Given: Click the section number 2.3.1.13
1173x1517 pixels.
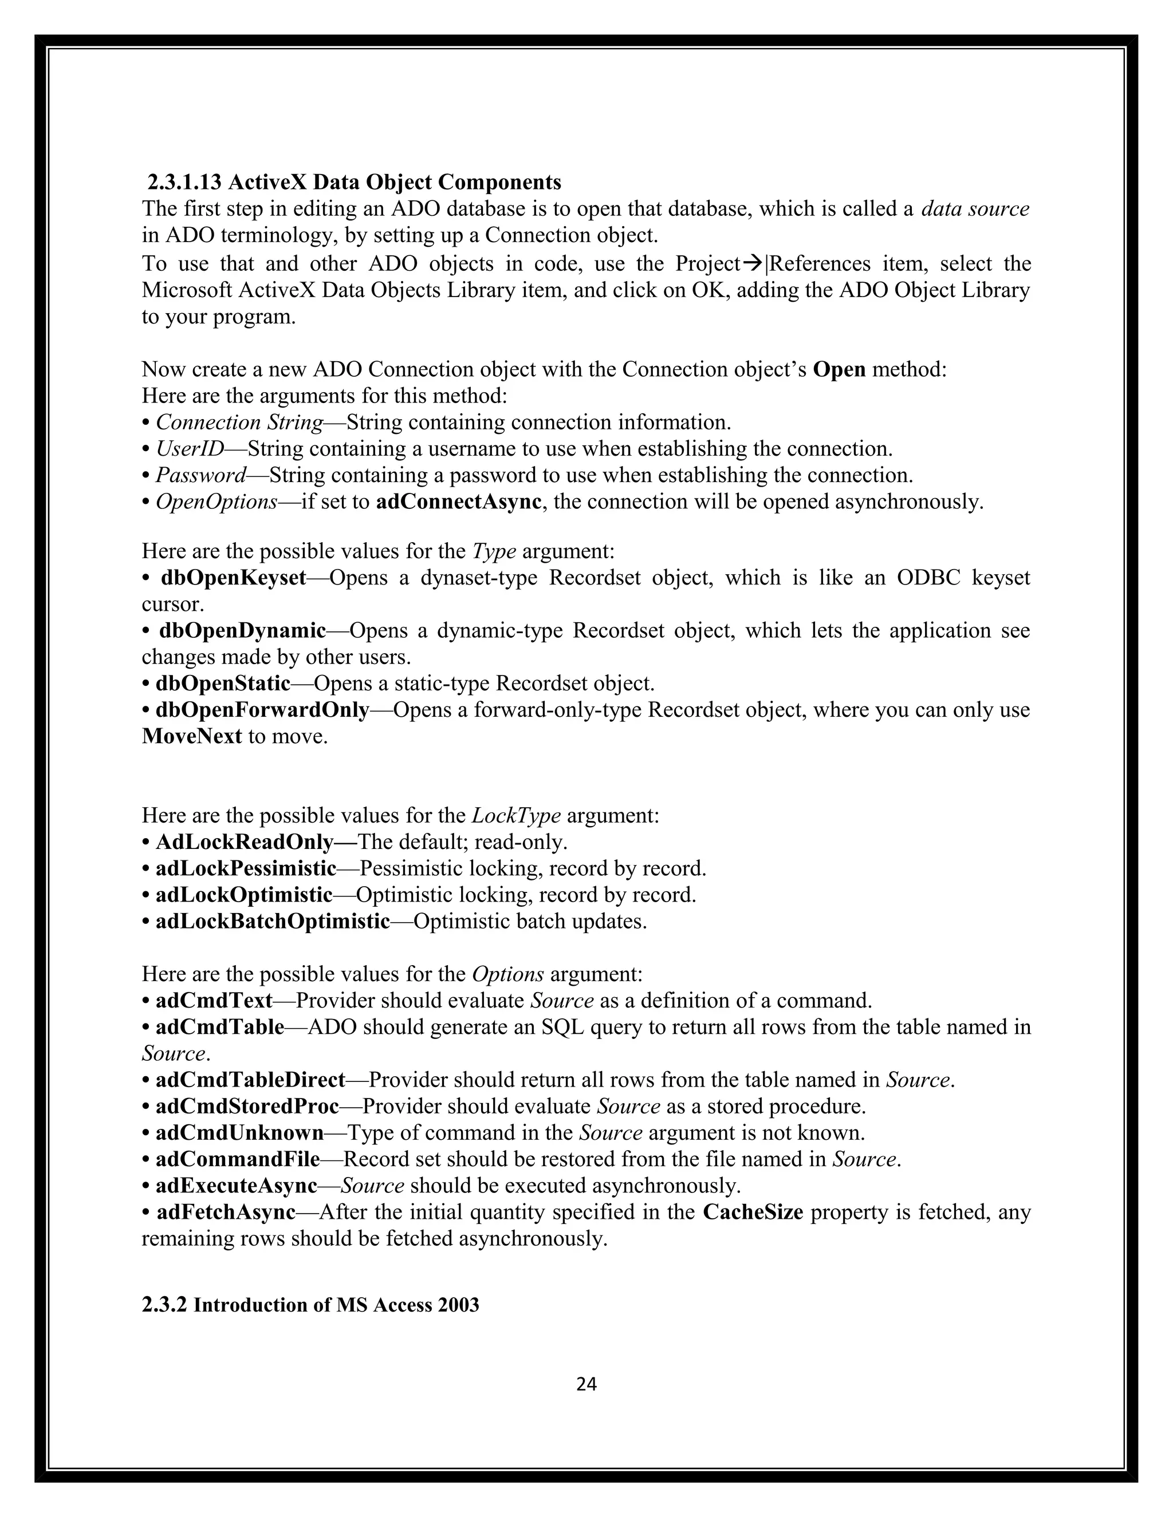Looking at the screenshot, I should point(184,182).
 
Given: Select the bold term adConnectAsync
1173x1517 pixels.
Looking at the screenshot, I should point(458,501).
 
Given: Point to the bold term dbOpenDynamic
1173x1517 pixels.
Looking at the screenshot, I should point(242,631).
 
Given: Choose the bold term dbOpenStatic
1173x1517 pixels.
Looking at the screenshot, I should point(222,684).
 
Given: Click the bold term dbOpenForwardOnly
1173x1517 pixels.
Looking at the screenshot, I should point(262,710).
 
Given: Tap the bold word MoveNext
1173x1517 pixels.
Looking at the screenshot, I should point(192,736).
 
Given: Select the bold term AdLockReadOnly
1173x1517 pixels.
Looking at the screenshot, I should point(245,842).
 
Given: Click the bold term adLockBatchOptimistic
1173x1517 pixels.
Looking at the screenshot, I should point(273,921).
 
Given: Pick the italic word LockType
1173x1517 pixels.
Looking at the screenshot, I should point(515,815).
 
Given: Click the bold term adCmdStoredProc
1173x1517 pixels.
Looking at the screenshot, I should point(247,1106).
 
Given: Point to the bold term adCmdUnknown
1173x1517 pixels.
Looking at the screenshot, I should point(240,1132).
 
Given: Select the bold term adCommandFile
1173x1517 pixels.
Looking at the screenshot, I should point(238,1159).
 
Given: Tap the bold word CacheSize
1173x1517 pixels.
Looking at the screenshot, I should point(753,1212).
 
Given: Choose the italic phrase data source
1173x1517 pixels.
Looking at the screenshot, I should point(975,208).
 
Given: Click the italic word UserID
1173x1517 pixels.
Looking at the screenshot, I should point(190,449).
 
